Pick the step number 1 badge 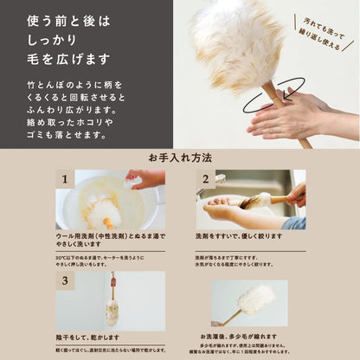point(65,178)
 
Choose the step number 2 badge point(206,178)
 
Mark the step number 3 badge point(65,280)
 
